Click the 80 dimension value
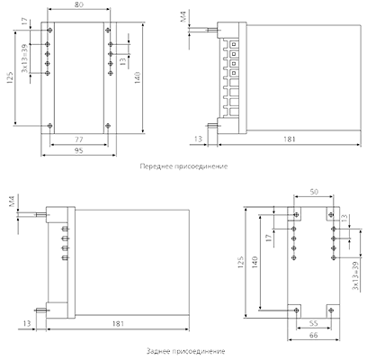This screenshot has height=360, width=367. (79, 4)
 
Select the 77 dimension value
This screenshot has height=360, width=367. (78, 139)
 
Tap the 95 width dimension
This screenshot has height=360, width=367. (78, 150)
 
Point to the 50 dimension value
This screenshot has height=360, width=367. (314, 192)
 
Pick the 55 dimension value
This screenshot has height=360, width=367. (313, 324)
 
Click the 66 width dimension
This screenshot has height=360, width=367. (313, 335)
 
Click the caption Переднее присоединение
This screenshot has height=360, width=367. (183, 166)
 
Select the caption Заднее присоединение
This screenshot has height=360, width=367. (185, 351)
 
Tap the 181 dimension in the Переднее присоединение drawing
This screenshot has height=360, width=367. (290, 139)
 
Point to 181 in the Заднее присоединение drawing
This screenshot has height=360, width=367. (119, 324)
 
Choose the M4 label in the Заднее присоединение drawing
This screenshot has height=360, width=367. (12, 202)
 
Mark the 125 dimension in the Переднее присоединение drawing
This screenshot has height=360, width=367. (10, 77)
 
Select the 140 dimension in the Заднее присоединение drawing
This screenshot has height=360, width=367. (255, 262)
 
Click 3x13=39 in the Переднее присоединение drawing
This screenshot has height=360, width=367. (24, 58)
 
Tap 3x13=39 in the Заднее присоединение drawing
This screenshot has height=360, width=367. (355, 275)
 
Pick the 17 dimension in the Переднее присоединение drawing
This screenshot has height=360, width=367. (24, 22)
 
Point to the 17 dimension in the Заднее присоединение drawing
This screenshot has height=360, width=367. (269, 238)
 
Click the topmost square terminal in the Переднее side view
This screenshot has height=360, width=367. (233, 44)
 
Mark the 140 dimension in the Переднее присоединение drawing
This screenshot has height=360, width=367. (138, 77)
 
